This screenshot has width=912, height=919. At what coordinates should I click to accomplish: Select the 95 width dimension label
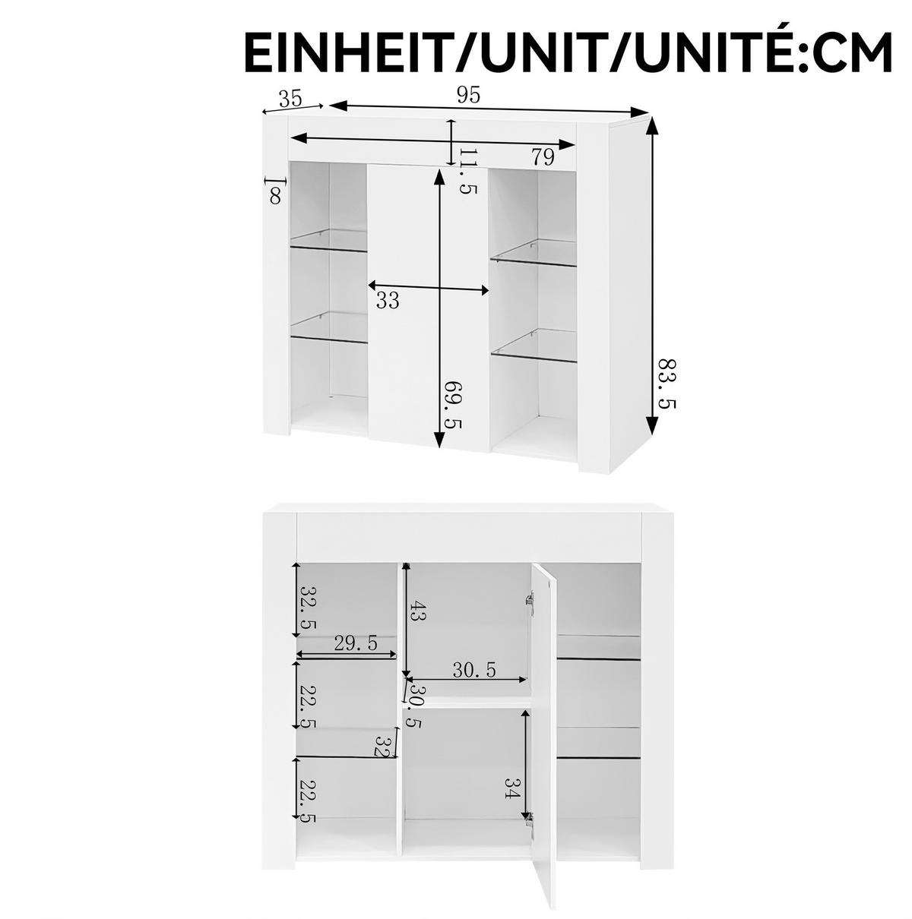click(468, 96)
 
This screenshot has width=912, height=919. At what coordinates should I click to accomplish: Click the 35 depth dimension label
click(290, 98)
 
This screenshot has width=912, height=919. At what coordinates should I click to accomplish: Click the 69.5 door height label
click(452, 403)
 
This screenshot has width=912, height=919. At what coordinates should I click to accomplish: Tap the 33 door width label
click(387, 301)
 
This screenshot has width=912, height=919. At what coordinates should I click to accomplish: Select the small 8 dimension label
click(275, 196)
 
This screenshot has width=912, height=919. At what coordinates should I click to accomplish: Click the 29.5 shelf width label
click(356, 643)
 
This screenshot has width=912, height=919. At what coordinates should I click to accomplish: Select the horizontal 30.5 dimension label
click(474, 670)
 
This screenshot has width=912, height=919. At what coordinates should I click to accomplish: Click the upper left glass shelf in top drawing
click(329, 241)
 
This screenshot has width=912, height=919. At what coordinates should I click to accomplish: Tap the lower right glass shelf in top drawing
click(534, 346)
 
